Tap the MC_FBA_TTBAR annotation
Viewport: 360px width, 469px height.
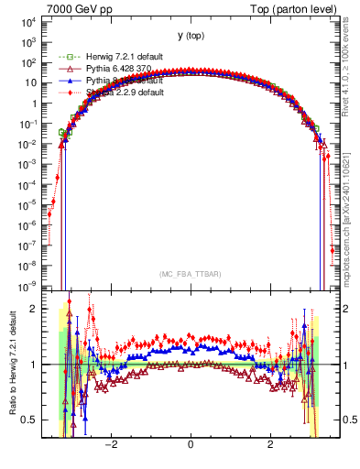click(191, 273)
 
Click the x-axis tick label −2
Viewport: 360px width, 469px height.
click(112, 445)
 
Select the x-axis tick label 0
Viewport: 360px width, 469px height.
click(191, 445)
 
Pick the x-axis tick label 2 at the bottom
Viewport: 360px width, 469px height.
click(269, 445)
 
